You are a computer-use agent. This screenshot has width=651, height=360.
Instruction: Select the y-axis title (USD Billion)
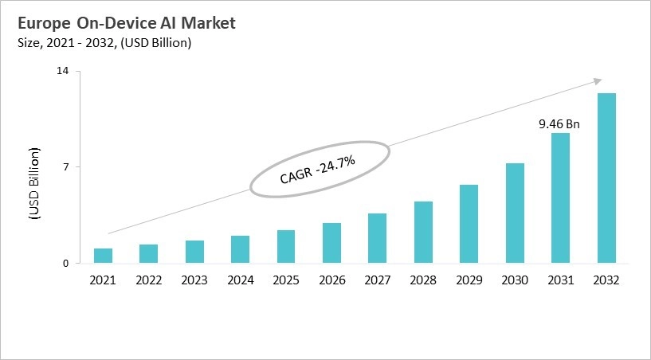click(34, 183)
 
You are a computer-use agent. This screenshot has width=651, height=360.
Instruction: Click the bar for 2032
click(606, 178)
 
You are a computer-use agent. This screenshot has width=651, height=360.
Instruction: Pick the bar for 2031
click(561, 198)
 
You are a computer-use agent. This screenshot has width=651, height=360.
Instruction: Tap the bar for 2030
click(515, 213)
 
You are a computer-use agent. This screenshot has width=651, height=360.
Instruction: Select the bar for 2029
click(469, 224)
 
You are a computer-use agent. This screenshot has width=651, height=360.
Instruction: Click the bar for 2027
click(378, 238)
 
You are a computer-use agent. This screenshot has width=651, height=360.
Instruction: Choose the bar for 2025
click(286, 247)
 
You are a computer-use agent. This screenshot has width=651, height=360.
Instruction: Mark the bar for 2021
click(103, 256)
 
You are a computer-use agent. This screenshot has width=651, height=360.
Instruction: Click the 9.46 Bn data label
click(559, 124)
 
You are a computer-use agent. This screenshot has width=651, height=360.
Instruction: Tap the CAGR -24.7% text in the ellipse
click(317, 170)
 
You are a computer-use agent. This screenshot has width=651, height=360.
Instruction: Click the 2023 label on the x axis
click(194, 280)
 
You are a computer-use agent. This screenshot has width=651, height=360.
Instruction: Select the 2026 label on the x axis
click(331, 280)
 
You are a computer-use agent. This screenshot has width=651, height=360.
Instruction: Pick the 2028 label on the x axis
click(423, 280)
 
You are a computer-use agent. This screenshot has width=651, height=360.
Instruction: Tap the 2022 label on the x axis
click(148, 280)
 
